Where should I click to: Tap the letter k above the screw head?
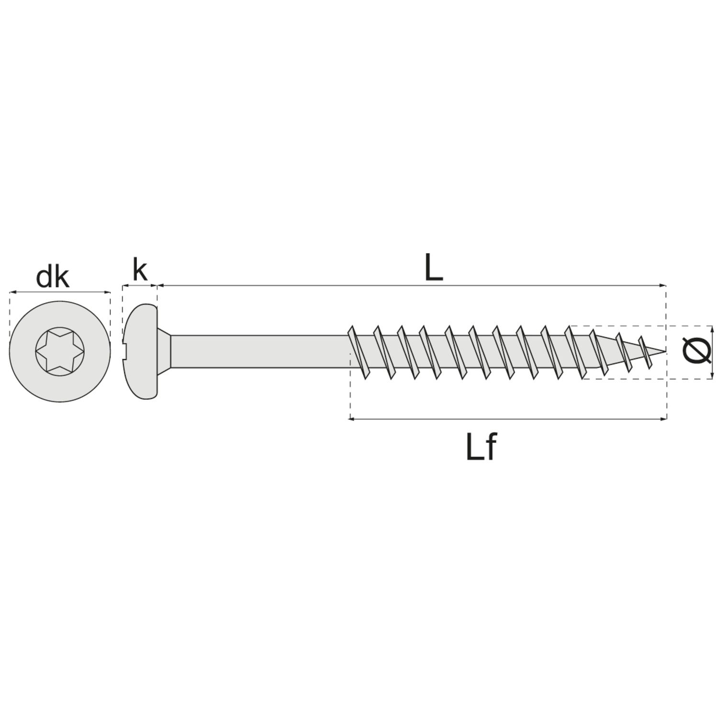point(139,270)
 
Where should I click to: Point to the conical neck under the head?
point(164,351)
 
